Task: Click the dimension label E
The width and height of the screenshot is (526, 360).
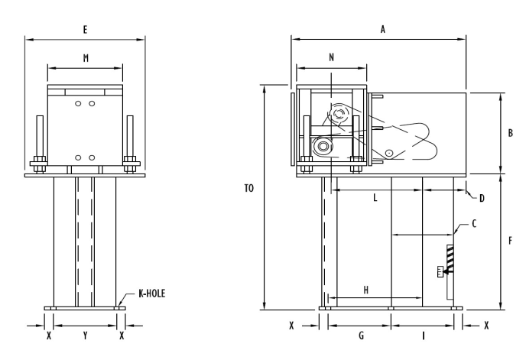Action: (85, 28)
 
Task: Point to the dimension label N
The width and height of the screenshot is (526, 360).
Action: (331, 57)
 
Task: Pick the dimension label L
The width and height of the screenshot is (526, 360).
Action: (375, 198)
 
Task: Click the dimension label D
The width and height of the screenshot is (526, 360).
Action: (482, 198)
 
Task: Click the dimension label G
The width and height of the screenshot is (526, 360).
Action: (359, 336)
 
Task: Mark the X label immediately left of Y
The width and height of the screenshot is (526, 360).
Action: (49, 336)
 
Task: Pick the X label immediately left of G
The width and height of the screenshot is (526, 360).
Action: (291, 325)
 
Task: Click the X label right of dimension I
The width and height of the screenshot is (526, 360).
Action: (487, 325)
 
